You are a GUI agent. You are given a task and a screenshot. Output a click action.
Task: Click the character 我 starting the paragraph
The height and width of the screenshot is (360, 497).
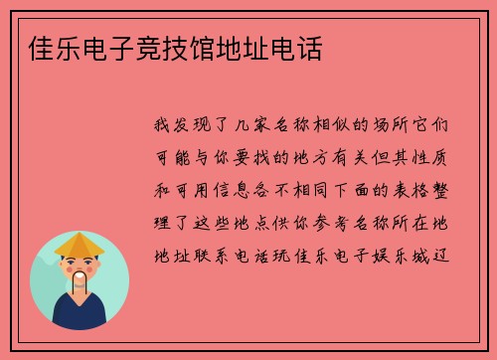(162, 127)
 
